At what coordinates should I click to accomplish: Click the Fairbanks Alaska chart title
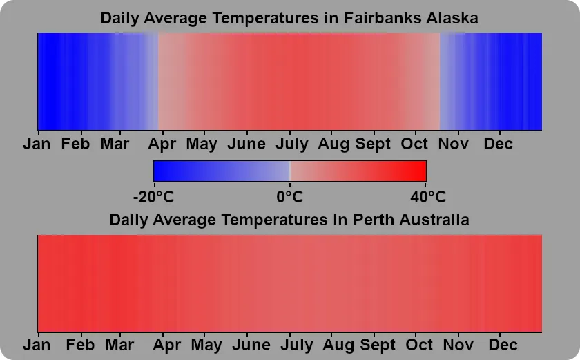point(289,18)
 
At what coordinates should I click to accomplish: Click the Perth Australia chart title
point(289,220)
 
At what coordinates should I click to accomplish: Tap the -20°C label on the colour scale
point(153,197)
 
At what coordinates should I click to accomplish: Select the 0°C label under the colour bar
point(289,197)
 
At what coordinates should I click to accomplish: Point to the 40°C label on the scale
point(427,197)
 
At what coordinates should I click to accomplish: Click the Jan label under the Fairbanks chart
point(37,144)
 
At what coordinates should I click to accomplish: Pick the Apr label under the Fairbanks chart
point(162,144)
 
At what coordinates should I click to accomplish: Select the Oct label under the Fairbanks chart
point(415,144)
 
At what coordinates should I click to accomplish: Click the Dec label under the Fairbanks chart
point(498,144)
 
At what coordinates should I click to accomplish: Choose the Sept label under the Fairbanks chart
point(374,144)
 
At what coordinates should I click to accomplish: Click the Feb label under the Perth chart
point(81,344)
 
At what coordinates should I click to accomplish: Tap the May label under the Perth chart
point(206,344)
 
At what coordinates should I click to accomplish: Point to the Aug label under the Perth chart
point(338,344)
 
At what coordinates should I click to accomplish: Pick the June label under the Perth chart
point(251,344)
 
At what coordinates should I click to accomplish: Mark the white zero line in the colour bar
point(290,171)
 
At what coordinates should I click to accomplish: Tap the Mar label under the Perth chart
point(119,344)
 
